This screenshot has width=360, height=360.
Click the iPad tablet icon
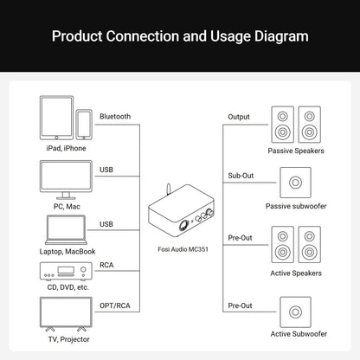(56, 118)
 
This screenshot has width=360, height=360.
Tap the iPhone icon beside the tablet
(84, 125)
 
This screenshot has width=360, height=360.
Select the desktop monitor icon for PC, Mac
(66, 180)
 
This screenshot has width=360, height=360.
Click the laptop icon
(66, 230)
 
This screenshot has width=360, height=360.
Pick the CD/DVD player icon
(66, 271)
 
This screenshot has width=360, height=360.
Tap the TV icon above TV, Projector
(66, 314)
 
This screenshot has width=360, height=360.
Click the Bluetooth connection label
(115, 116)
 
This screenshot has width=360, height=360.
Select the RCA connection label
(106, 265)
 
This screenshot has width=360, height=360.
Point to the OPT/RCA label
(115, 305)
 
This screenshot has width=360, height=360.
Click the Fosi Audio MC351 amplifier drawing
(182, 210)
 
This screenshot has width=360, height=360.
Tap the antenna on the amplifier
(169, 190)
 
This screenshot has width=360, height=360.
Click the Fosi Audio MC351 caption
(183, 249)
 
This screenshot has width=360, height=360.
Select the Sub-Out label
(241, 176)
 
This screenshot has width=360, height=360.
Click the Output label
(239, 117)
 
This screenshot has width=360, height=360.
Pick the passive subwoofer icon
(295, 183)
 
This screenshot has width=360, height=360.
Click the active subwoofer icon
(295, 312)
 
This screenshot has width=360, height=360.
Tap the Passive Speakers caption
(296, 151)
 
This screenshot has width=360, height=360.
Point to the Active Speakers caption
(296, 273)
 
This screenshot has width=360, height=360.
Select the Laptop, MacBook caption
(67, 252)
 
